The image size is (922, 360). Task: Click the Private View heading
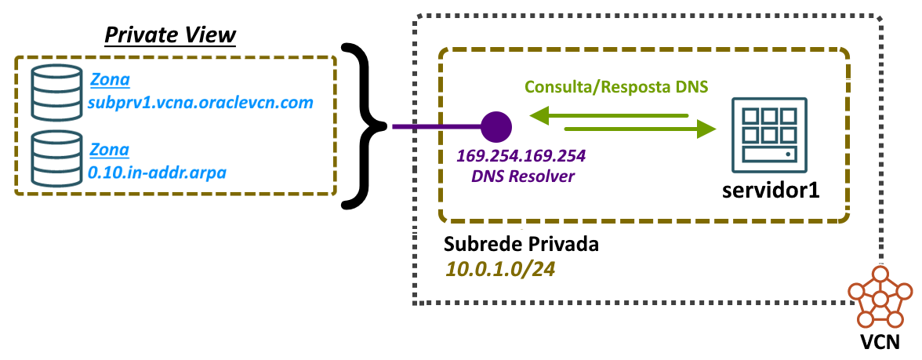pyautogui.click(x=171, y=35)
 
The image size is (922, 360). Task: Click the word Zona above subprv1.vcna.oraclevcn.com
pyautogui.click(x=110, y=80)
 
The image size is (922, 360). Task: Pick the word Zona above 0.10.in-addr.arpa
pyautogui.click(x=110, y=148)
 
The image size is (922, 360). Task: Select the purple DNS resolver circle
pyautogui.click(x=495, y=126)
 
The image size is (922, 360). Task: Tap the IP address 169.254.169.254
pyautogui.click(x=523, y=156)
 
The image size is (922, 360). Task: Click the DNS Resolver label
pyautogui.click(x=523, y=176)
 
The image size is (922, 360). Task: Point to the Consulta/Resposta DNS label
pyautogui.click(x=617, y=85)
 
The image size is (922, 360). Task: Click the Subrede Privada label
pyautogui.click(x=521, y=244)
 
